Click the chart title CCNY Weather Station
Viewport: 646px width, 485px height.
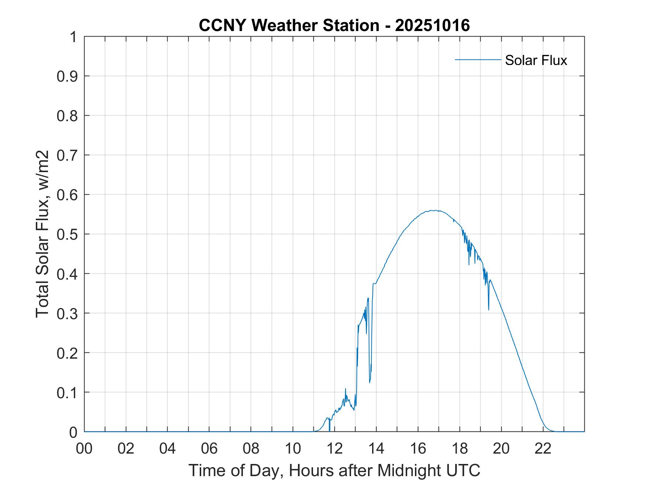click(289, 25)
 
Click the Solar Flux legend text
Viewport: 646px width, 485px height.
click(536, 60)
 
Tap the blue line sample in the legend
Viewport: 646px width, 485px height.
click(478, 59)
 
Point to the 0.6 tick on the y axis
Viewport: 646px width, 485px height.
click(68, 195)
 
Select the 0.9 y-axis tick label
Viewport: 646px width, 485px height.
click(68, 76)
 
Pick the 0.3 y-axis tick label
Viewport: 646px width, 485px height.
click(68, 313)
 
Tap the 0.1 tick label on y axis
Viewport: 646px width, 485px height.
click(68, 392)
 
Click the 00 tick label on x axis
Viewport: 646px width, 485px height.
click(84, 448)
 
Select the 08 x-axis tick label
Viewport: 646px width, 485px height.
click(251, 448)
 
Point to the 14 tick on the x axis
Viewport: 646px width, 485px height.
click(376, 448)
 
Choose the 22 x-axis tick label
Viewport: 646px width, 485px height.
click(543, 448)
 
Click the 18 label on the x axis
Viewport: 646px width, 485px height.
click(460, 448)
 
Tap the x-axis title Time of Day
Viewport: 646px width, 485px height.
click(334, 470)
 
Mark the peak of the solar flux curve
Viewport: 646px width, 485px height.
click(435, 211)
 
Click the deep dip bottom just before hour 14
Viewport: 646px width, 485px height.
click(370, 382)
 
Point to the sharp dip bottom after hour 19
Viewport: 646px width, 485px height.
click(488, 310)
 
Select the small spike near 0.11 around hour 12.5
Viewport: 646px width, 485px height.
click(346, 389)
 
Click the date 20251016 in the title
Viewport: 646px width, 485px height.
click(432, 25)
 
